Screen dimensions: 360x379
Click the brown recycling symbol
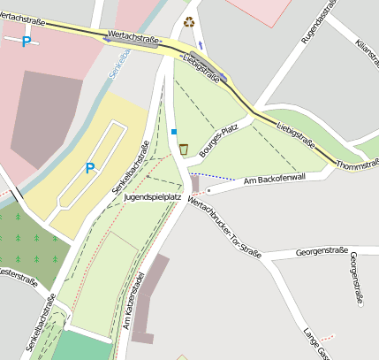tap(187, 22)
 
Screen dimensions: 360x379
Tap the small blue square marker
tap(173, 132)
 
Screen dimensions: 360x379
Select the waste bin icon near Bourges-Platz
tap(183, 149)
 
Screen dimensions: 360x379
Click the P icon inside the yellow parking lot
tap(89, 168)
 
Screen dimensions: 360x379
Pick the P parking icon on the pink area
tap(26, 42)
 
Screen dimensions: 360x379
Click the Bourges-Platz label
tap(221, 141)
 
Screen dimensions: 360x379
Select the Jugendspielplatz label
tap(154, 196)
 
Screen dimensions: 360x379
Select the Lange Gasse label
tap(315, 343)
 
